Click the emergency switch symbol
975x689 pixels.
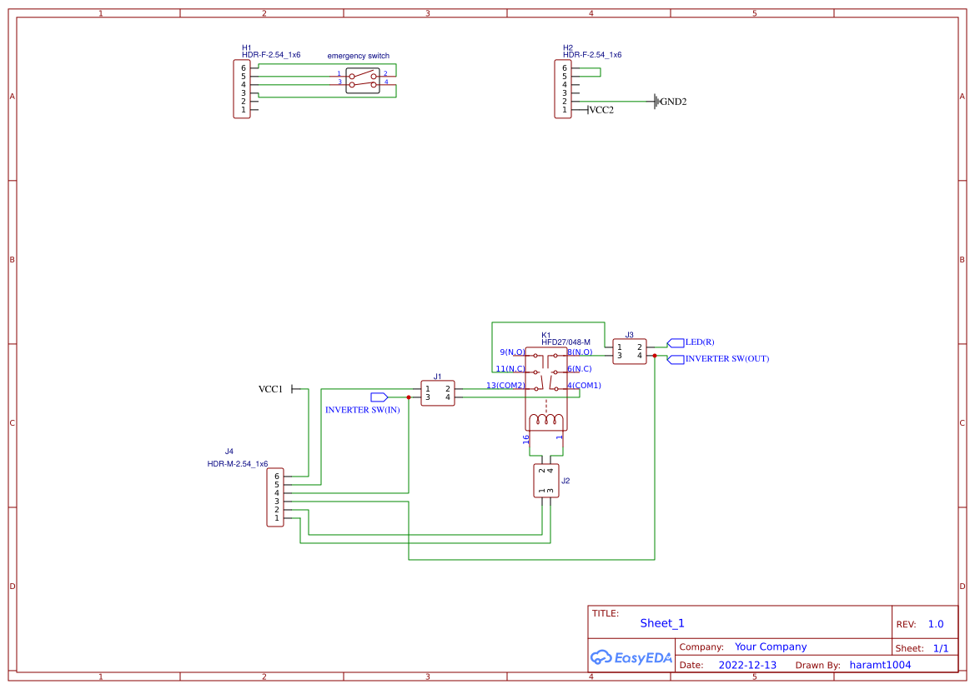pyautogui.click(x=363, y=80)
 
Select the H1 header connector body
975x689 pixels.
pyautogui.click(x=242, y=89)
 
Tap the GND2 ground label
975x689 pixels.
pyautogui.click(x=673, y=102)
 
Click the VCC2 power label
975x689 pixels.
pyautogui.click(x=601, y=110)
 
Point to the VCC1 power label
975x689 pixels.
pyautogui.click(x=271, y=389)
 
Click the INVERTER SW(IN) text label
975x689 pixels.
pyautogui.click(x=363, y=410)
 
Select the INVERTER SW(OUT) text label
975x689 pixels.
pyautogui.click(x=726, y=359)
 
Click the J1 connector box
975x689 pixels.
pyautogui.click(x=438, y=393)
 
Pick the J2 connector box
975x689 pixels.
pyautogui.click(x=546, y=481)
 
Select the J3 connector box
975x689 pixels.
pyautogui.click(x=630, y=351)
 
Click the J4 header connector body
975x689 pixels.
pyautogui.click(x=275, y=497)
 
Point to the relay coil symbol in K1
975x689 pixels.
pyautogui.click(x=546, y=420)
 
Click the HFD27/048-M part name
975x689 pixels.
pyautogui.click(x=565, y=342)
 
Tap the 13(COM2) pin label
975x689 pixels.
pyautogui.click(x=505, y=386)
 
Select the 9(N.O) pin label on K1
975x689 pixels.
pyautogui.click(x=511, y=352)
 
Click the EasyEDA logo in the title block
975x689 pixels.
pyautogui.click(x=631, y=657)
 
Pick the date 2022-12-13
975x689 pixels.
pyautogui.click(x=747, y=665)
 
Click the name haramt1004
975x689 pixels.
pyautogui.click(x=880, y=665)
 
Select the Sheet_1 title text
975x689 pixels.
pyautogui.click(x=662, y=623)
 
